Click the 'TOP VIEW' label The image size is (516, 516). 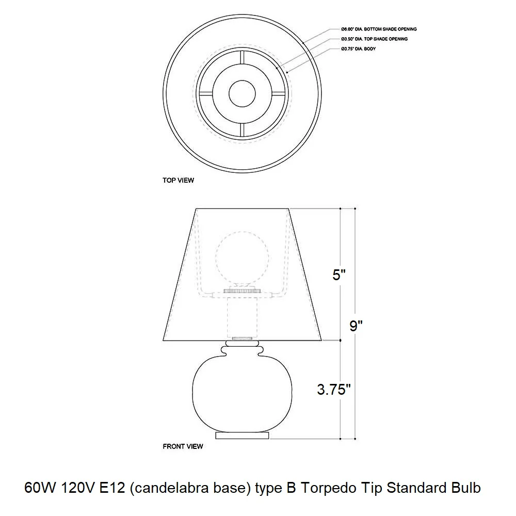pyautogui.click(x=178, y=180)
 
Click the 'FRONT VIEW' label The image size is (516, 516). pyautogui.click(x=183, y=446)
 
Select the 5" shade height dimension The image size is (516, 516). pyautogui.click(x=339, y=275)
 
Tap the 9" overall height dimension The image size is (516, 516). pyautogui.click(x=356, y=326)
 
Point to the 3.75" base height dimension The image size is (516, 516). pyautogui.click(x=334, y=389)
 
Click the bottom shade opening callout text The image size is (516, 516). pyautogui.click(x=379, y=29)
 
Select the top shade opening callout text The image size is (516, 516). pyautogui.click(x=374, y=39)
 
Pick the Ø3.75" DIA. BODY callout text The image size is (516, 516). pyautogui.click(x=359, y=49)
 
